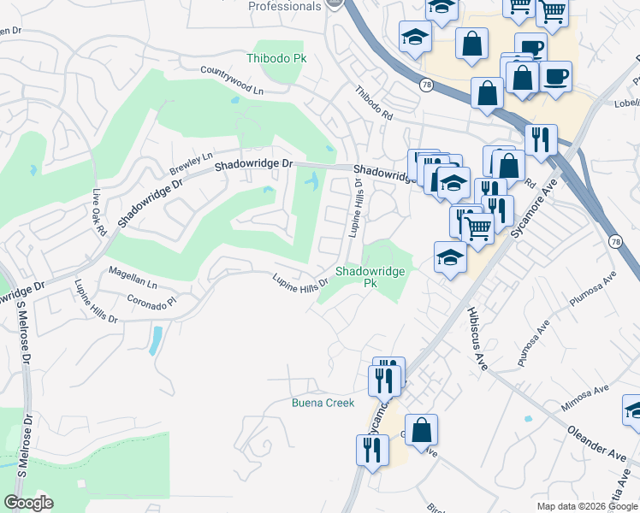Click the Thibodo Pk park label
pyautogui.click(x=276, y=58)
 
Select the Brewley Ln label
pyautogui.click(x=191, y=162)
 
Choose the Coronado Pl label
pyautogui.click(x=151, y=301)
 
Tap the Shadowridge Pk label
pyautogui.click(x=369, y=277)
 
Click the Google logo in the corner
pyautogui.click(x=28, y=503)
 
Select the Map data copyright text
pyautogui.click(x=587, y=506)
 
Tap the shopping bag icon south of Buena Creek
pyautogui.click(x=421, y=430)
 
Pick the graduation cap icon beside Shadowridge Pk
pyautogui.click(x=450, y=257)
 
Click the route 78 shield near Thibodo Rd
pyautogui.click(x=425, y=85)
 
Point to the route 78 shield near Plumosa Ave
pyautogui.click(x=615, y=242)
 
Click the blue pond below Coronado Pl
pyautogui.click(x=156, y=339)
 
